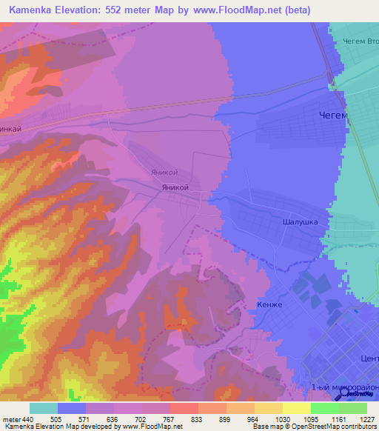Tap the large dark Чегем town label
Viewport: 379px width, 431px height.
(332, 115)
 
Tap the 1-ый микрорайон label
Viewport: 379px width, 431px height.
(344, 387)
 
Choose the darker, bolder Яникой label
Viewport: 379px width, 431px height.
(175, 187)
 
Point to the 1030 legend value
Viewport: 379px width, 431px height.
(281, 418)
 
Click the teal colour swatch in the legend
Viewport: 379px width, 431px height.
(44, 408)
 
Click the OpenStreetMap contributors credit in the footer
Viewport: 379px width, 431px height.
(335, 427)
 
